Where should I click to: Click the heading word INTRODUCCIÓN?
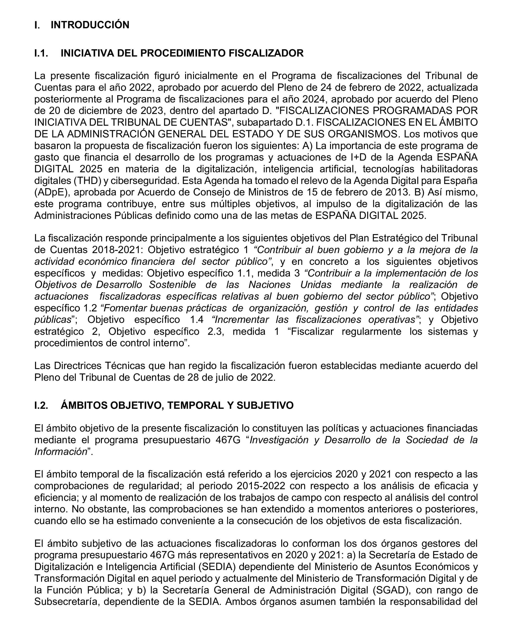coord(90,25)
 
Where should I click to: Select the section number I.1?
coord(41,53)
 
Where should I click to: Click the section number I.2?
coord(41,405)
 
